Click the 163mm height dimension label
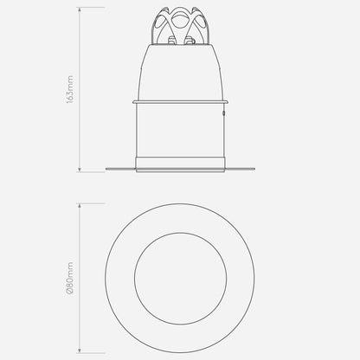click(70, 90)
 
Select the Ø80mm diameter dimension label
click(70, 278)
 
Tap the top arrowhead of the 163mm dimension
click(80, 10)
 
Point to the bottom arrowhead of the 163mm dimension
click(80, 170)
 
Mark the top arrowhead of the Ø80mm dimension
click(80, 206)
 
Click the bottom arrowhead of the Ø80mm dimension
click(80, 350)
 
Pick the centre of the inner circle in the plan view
click(180, 279)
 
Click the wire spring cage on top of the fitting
click(180, 26)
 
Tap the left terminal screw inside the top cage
click(171, 41)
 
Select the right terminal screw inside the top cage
click(189, 41)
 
